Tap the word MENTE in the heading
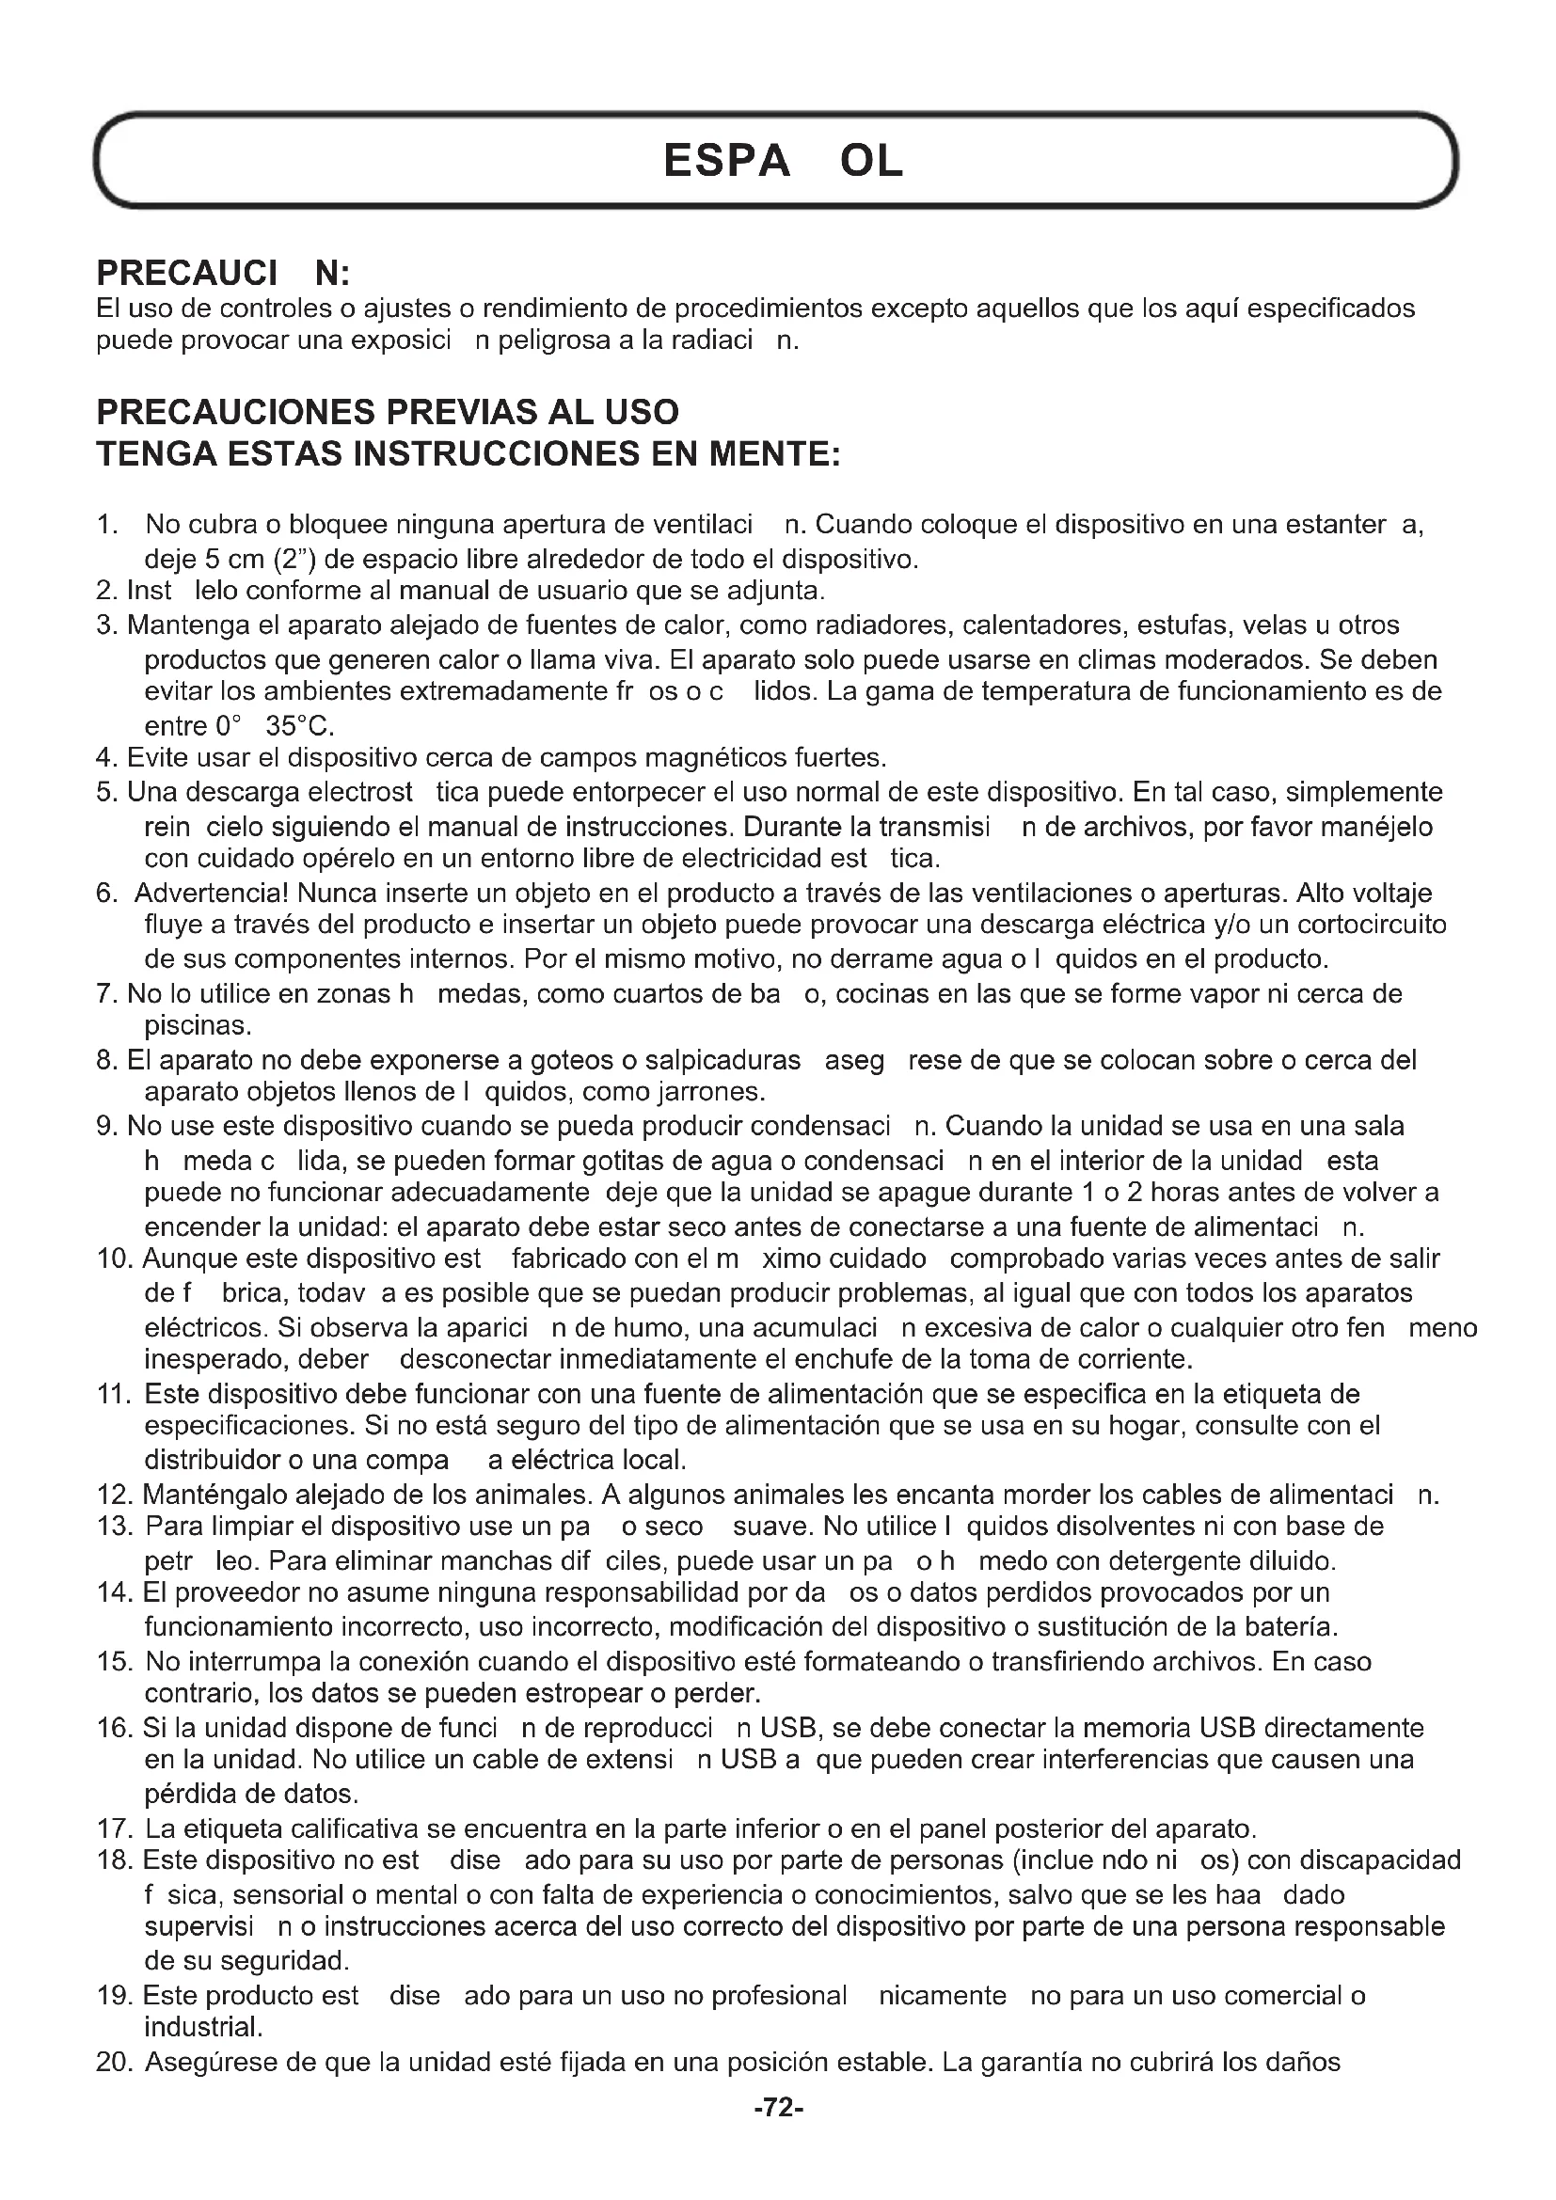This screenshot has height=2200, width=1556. pos(773,453)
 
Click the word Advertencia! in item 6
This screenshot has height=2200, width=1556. pos(211,893)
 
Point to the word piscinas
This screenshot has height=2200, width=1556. pos(198,1026)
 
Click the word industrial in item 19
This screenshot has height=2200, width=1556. pos(202,2028)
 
